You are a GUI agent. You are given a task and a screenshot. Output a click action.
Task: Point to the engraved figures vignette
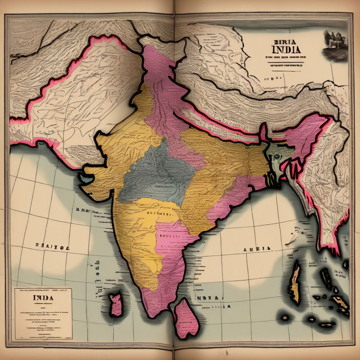335,44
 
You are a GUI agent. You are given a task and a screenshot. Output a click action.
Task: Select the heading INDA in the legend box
43,298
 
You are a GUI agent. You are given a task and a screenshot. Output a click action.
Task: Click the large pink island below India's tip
186,318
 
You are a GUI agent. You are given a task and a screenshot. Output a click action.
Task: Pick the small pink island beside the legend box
115,304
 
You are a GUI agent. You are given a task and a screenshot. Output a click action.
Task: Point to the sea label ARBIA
257,249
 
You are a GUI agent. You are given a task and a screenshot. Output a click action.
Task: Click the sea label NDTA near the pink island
210,298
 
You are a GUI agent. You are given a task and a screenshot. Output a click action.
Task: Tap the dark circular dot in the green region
277,154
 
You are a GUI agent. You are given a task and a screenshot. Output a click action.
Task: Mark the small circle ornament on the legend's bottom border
43,339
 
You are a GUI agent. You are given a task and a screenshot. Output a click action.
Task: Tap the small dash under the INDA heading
43,304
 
